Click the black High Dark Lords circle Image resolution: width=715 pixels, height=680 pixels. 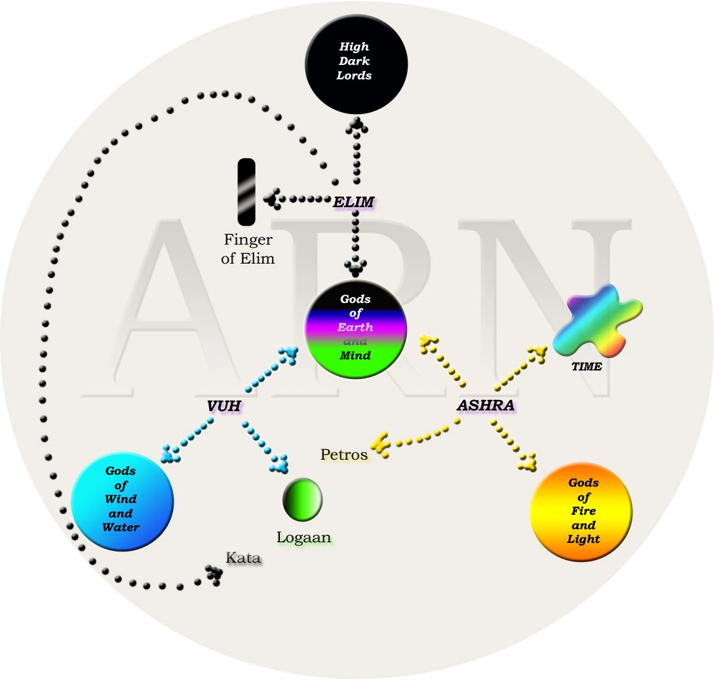(355, 62)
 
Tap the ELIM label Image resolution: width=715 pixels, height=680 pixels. (353, 202)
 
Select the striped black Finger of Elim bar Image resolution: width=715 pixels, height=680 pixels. (246, 191)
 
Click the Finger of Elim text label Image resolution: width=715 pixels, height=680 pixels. (248, 249)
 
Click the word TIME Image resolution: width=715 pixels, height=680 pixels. (587, 367)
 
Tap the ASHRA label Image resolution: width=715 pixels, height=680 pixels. (485, 405)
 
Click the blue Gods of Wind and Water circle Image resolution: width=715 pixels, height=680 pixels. (121, 499)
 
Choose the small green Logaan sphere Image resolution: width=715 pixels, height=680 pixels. (302, 499)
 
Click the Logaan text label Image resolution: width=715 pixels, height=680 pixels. (304, 538)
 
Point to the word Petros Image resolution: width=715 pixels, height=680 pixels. (344, 454)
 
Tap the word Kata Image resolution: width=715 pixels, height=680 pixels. (243, 559)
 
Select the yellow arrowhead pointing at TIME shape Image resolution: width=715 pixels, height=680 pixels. (539, 354)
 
